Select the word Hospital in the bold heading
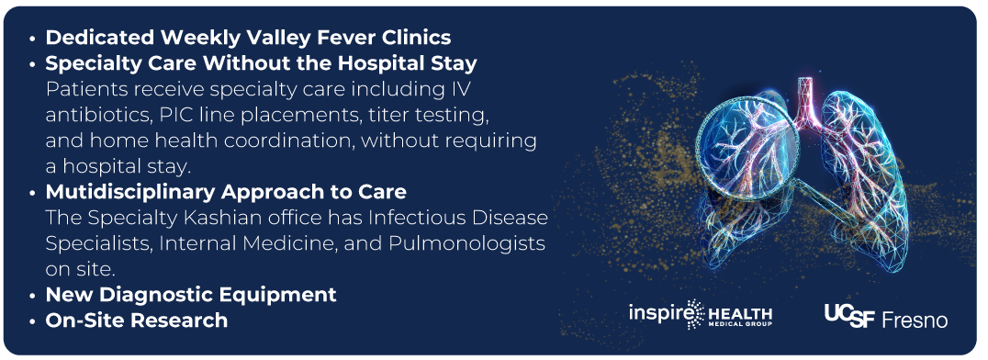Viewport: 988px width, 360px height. [378, 63]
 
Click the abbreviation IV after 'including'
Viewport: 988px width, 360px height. [461, 89]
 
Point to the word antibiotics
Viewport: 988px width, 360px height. [93, 116]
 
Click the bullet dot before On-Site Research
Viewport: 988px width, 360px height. [33, 321]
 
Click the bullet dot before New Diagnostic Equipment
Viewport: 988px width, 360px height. [33, 296]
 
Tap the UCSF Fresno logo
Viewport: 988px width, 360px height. [886, 316]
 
